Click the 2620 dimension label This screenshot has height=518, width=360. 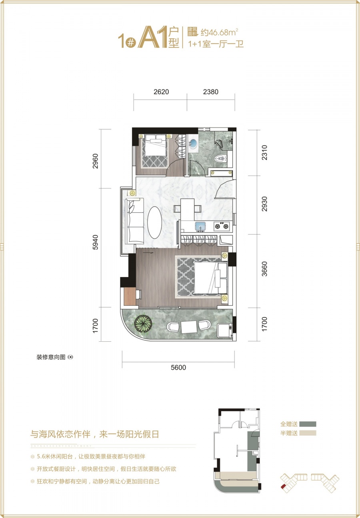pos(161,92)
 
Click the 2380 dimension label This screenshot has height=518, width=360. pos(211,92)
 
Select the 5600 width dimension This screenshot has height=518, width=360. pos(178,368)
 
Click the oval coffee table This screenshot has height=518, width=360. pos(155,222)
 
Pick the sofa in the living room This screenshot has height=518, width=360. pos(134,221)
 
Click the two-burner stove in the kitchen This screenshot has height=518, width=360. pos(222,227)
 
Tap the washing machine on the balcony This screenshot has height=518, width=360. pos(224,330)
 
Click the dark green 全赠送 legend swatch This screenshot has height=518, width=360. pos(307,424)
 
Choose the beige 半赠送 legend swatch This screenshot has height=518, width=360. pos(307,433)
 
